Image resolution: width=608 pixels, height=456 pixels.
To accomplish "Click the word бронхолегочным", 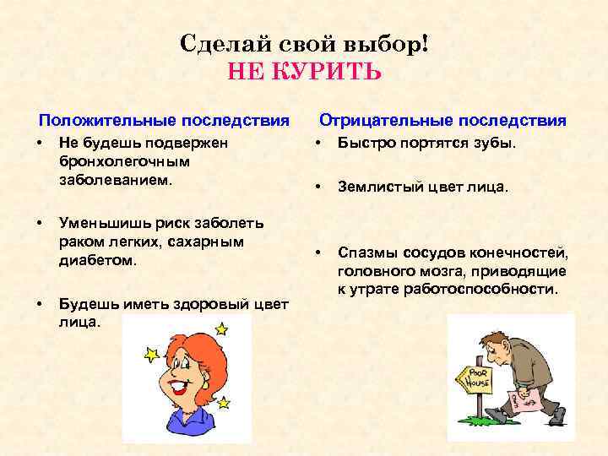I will pos(125,161).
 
